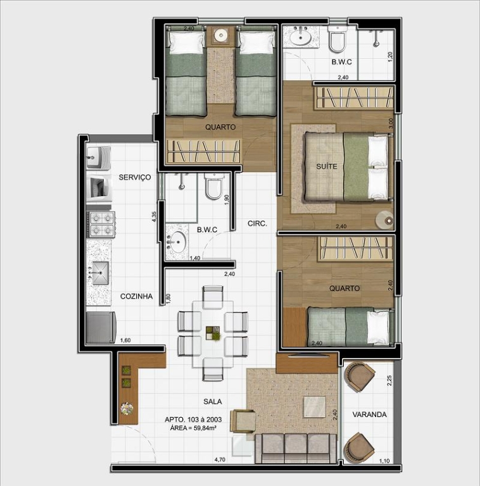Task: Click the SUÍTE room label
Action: (327, 166)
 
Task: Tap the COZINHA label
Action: (136, 296)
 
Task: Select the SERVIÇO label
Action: (135, 177)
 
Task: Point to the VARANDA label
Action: (369, 414)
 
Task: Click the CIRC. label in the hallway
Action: (257, 223)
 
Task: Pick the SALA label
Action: (213, 402)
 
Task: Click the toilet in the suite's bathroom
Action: (337, 39)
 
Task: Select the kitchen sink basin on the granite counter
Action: (101, 273)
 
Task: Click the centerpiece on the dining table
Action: (213, 333)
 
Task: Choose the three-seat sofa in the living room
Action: (296, 449)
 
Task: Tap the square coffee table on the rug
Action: (315, 407)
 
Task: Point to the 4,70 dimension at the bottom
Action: (220, 459)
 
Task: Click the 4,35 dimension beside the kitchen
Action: (154, 216)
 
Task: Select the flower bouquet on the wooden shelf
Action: (127, 409)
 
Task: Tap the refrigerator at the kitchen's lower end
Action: (101, 327)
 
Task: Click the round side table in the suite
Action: (385, 220)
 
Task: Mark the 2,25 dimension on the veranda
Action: (389, 380)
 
